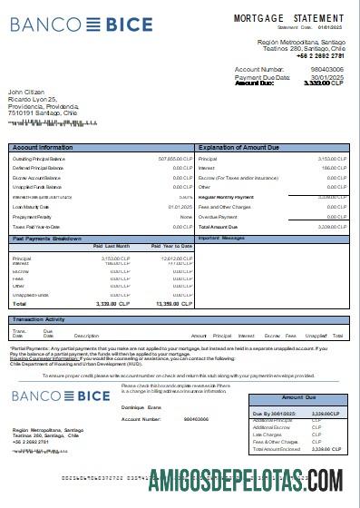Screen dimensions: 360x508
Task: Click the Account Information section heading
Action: click(x=43, y=147)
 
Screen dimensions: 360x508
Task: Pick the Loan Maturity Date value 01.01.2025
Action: click(x=180, y=207)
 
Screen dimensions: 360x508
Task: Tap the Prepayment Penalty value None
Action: click(x=185, y=217)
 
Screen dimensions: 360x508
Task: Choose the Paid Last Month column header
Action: click(x=112, y=246)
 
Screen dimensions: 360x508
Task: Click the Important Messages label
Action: click(x=221, y=238)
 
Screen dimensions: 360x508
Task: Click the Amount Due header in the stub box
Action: click(x=299, y=397)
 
